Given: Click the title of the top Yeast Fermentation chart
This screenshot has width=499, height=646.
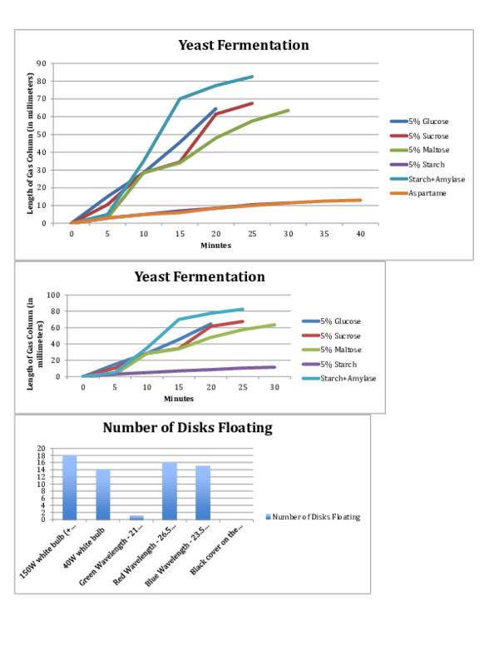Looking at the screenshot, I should [244, 46].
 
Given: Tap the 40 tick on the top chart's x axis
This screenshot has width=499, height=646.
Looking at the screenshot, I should [360, 235].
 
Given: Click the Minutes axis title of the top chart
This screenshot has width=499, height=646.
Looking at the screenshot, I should [215, 246].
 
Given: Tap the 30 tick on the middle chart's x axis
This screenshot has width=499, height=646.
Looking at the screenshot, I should [274, 387].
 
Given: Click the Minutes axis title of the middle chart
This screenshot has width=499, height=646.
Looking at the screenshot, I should [179, 399].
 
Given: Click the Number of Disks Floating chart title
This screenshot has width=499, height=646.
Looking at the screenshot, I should [187, 428].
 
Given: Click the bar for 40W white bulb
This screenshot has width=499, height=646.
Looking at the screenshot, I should [103, 494].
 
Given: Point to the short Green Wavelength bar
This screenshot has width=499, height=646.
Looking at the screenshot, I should [136, 517].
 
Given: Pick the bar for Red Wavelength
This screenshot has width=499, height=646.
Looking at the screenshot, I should [170, 490].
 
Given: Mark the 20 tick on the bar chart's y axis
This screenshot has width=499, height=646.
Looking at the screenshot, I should [52, 449].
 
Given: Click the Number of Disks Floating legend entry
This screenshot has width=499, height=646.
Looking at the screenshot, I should [315, 517].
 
